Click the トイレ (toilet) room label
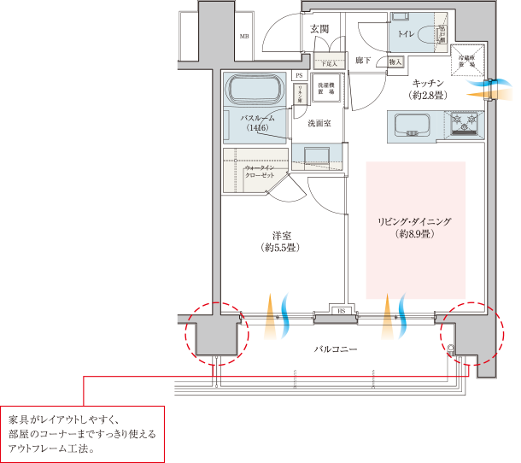click(x=405, y=33)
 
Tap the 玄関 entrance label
click(x=319, y=29)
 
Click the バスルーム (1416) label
click(x=257, y=123)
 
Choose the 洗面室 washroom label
click(x=319, y=124)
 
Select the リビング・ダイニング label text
click(x=414, y=226)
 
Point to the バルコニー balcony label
click(x=334, y=349)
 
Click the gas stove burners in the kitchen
click(x=465, y=126)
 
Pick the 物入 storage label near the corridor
click(x=395, y=62)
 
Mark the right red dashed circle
click(x=469, y=333)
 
